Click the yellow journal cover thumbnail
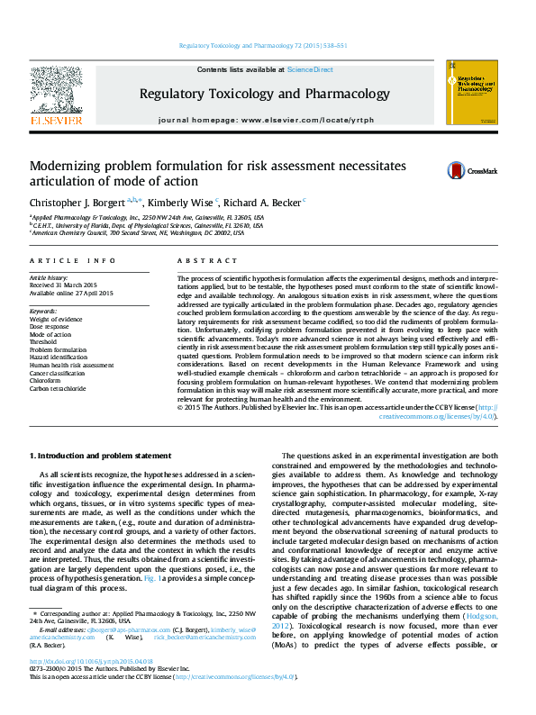tap(471, 98)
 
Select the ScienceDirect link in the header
tap(310, 69)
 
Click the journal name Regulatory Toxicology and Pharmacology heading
tap(264, 94)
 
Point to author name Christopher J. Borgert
tap(78, 202)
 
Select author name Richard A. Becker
tap(262, 202)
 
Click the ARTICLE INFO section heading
tap(73, 260)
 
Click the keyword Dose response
tap(50, 326)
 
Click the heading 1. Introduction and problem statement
tap(100, 457)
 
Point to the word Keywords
tap(44, 311)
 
